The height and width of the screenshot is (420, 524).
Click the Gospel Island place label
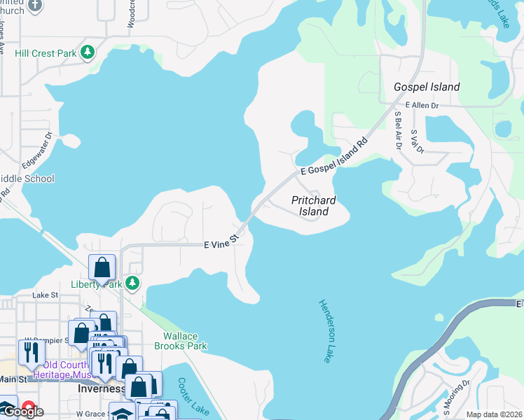(x=427, y=87)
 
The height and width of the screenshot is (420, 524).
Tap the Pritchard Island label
(x=313, y=206)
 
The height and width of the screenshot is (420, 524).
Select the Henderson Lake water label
(x=324, y=331)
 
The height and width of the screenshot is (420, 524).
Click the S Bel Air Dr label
(x=397, y=131)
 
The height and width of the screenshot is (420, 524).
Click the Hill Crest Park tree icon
(x=88, y=52)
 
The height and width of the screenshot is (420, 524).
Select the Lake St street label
(x=46, y=296)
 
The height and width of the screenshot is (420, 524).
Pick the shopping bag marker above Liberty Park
(x=102, y=267)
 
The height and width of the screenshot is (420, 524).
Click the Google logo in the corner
(x=23, y=412)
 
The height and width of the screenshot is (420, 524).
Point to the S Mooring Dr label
(x=456, y=395)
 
